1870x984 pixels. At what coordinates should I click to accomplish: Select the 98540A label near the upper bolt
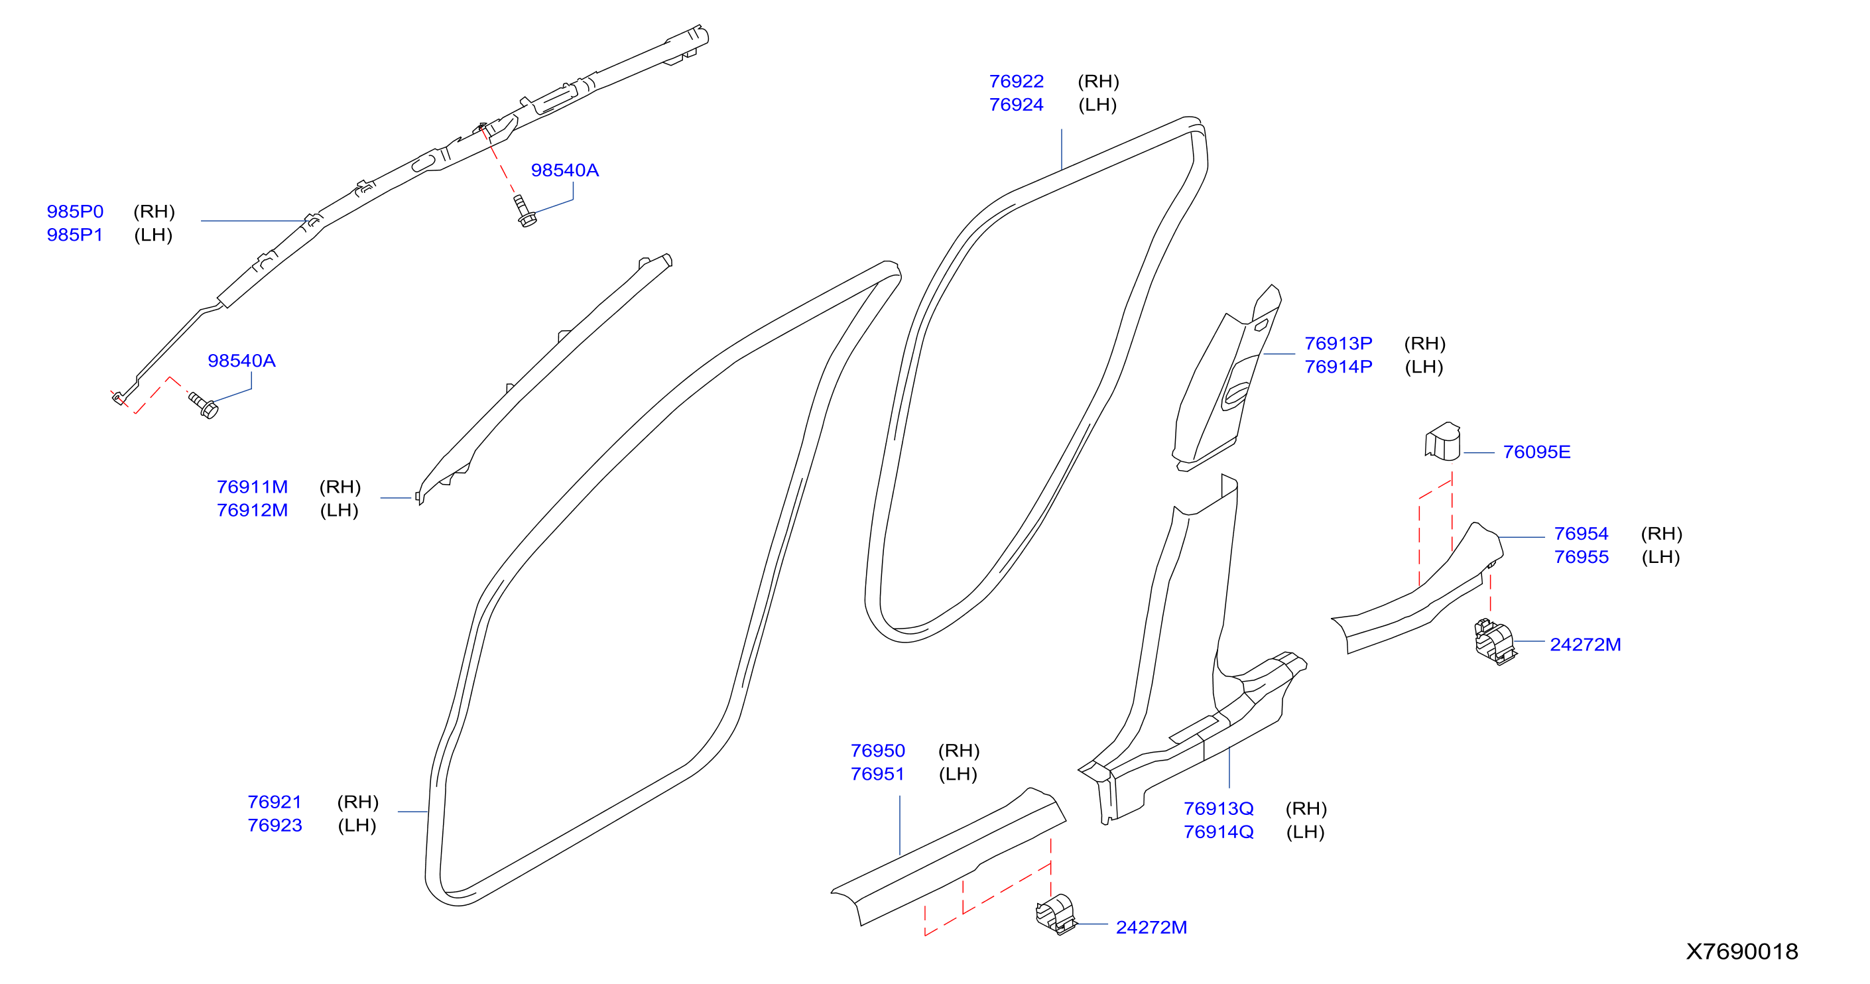pyautogui.click(x=565, y=170)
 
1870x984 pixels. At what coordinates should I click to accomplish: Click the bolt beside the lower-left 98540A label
pyautogui.click(x=204, y=405)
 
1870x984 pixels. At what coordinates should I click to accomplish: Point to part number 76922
pyautogui.click(x=1017, y=82)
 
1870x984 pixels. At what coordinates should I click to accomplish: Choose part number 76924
pyautogui.click(x=1017, y=105)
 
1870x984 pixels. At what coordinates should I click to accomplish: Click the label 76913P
pyautogui.click(x=1338, y=343)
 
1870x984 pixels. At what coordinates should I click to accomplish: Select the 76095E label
pyautogui.click(x=1536, y=452)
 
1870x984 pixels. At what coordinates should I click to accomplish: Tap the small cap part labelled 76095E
pyautogui.click(x=1442, y=441)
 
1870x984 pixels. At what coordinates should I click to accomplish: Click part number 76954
pyautogui.click(x=1581, y=533)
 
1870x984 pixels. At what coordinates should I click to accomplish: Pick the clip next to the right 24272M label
pyautogui.click(x=1495, y=641)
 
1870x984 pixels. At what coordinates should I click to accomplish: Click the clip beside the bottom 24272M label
pyautogui.click(x=1056, y=914)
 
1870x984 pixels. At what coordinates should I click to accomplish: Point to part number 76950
pyautogui.click(x=878, y=751)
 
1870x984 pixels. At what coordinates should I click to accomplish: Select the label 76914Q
pyautogui.click(x=1218, y=831)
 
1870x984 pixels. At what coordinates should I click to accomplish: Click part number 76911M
pyautogui.click(x=252, y=487)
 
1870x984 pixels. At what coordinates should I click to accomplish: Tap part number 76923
pyautogui.click(x=275, y=825)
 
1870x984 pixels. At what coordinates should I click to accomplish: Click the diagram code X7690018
pyautogui.click(x=1741, y=952)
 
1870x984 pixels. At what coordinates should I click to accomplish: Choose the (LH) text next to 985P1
pyautogui.click(x=153, y=235)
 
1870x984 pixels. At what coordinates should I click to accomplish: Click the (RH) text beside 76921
pyautogui.click(x=358, y=802)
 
